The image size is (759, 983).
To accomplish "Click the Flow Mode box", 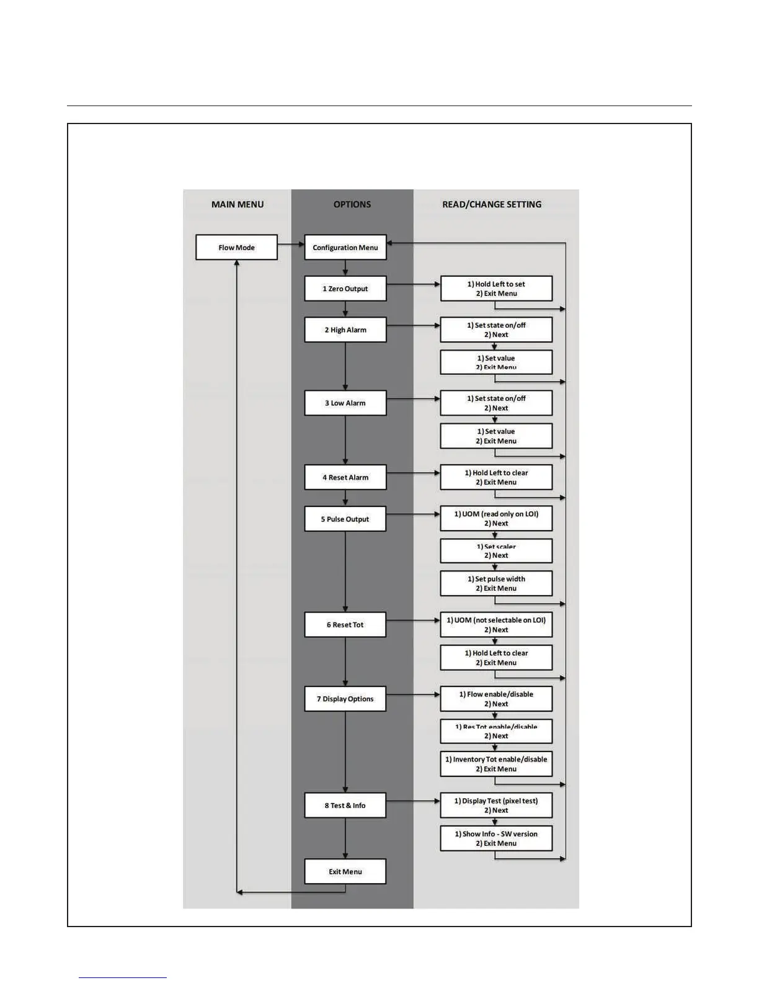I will pyautogui.click(x=236, y=247).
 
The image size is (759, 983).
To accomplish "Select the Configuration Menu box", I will pyautogui.click(x=345, y=247).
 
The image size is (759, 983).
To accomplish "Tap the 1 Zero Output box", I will pyautogui.click(x=345, y=289).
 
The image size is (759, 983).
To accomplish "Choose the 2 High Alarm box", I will pyautogui.click(x=345, y=330).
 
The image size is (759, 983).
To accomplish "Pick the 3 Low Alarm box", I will pyautogui.click(x=345, y=403).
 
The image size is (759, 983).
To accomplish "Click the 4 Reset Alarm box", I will pyautogui.click(x=345, y=477).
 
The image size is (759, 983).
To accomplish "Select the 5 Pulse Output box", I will pyautogui.click(x=345, y=519).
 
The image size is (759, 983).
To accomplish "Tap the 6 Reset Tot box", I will pyautogui.click(x=345, y=624).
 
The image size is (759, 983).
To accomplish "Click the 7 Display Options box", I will pyautogui.click(x=345, y=699).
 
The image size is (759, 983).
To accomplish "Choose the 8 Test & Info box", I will pyautogui.click(x=345, y=806).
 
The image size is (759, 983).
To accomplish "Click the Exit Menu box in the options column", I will pyautogui.click(x=345, y=871).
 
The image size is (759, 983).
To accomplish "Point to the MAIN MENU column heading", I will pyautogui.click(x=237, y=204).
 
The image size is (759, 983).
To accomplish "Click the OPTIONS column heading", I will pyautogui.click(x=352, y=204).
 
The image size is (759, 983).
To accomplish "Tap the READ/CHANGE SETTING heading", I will pyautogui.click(x=492, y=204).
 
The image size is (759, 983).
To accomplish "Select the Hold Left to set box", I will pyautogui.click(x=496, y=289).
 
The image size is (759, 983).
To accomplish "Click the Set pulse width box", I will pyautogui.click(x=496, y=583).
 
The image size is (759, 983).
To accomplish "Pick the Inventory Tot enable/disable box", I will pyautogui.click(x=496, y=764).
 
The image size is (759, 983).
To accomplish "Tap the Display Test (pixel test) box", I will pyautogui.click(x=496, y=806).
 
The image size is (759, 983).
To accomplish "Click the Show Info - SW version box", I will pyautogui.click(x=496, y=838).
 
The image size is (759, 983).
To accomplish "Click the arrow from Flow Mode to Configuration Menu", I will pyautogui.click(x=291, y=244).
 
